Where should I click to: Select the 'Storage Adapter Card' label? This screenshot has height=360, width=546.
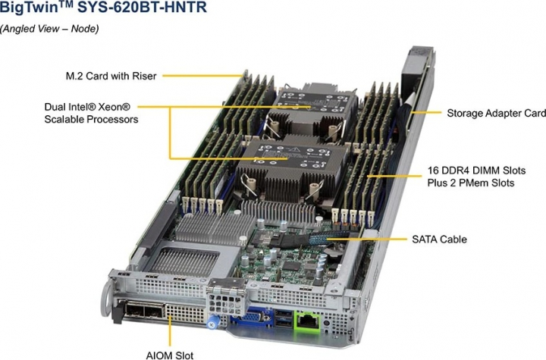click(x=495, y=114)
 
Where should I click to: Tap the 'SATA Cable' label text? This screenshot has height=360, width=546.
click(x=439, y=239)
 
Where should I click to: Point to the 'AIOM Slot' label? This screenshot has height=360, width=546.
click(x=171, y=355)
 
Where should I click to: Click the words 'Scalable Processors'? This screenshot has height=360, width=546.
click(x=92, y=120)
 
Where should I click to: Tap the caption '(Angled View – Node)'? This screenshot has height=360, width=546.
click(x=49, y=29)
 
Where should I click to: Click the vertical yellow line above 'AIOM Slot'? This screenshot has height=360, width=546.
click(x=171, y=333)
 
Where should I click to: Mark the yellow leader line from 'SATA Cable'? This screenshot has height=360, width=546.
click(x=364, y=239)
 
